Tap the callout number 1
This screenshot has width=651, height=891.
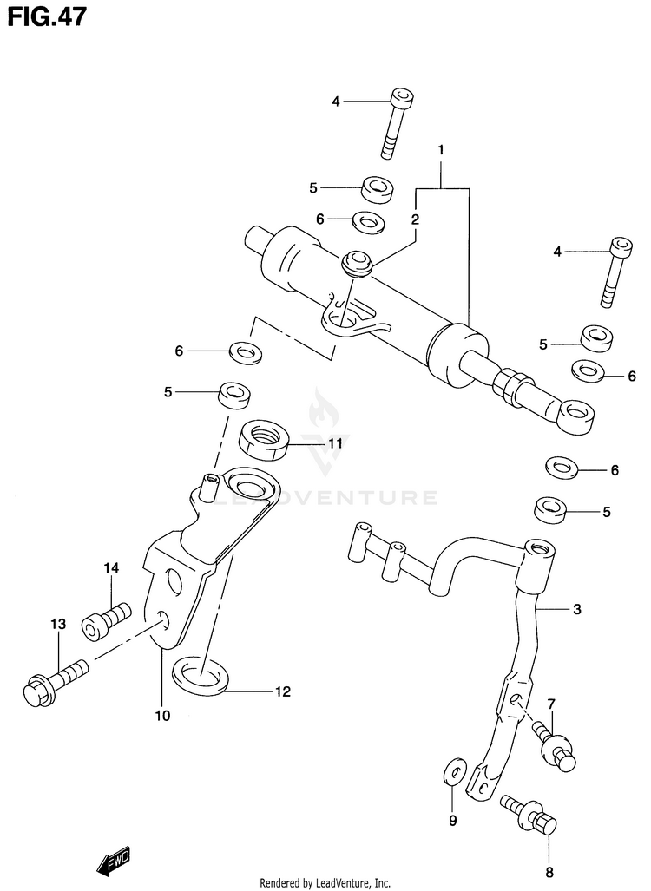440,151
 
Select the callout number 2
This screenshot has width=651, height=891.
416,219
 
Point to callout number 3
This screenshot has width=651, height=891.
575,610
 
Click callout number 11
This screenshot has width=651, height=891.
335,443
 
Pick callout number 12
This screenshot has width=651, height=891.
283,691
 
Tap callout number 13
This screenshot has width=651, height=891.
58,624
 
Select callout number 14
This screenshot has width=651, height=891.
110,568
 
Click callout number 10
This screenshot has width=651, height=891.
163,716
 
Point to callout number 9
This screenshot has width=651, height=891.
451,819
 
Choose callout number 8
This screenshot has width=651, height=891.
549,872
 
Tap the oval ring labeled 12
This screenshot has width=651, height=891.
201,674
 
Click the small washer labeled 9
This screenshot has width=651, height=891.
451,773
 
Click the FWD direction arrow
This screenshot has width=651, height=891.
113,862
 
